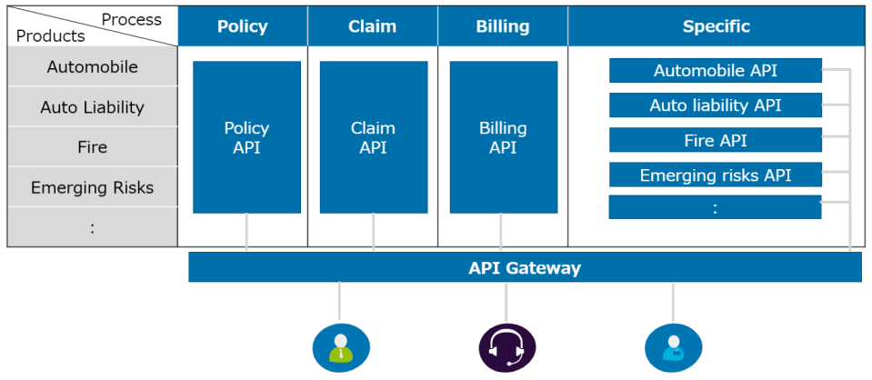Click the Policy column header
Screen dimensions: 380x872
click(x=243, y=26)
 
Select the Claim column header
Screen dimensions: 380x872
click(x=373, y=26)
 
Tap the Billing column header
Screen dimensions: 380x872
click(x=503, y=26)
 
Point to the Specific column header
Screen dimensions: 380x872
click(x=717, y=26)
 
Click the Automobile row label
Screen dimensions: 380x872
click(x=92, y=67)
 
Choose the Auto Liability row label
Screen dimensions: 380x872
click(x=92, y=107)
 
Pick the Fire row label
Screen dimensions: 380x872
click(x=92, y=147)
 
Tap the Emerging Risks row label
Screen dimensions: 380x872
click(x=92, y=188)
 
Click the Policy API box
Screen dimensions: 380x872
click(x=246, y=137)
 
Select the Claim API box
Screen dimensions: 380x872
click(x=373, y=137)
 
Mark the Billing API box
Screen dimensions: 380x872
click(x=503, y=137)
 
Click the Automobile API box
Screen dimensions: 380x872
click(x=715, y=71)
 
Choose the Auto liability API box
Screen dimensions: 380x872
click(x=715, y=105)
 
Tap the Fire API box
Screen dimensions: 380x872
click(x=715, y=141)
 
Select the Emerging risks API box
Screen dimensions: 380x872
click(x=715, y=175)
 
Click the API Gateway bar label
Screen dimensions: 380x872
click(x=525, y=268)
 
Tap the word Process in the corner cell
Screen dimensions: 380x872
click(x=131, y=19)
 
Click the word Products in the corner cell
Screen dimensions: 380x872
click(x=51, y=36)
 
